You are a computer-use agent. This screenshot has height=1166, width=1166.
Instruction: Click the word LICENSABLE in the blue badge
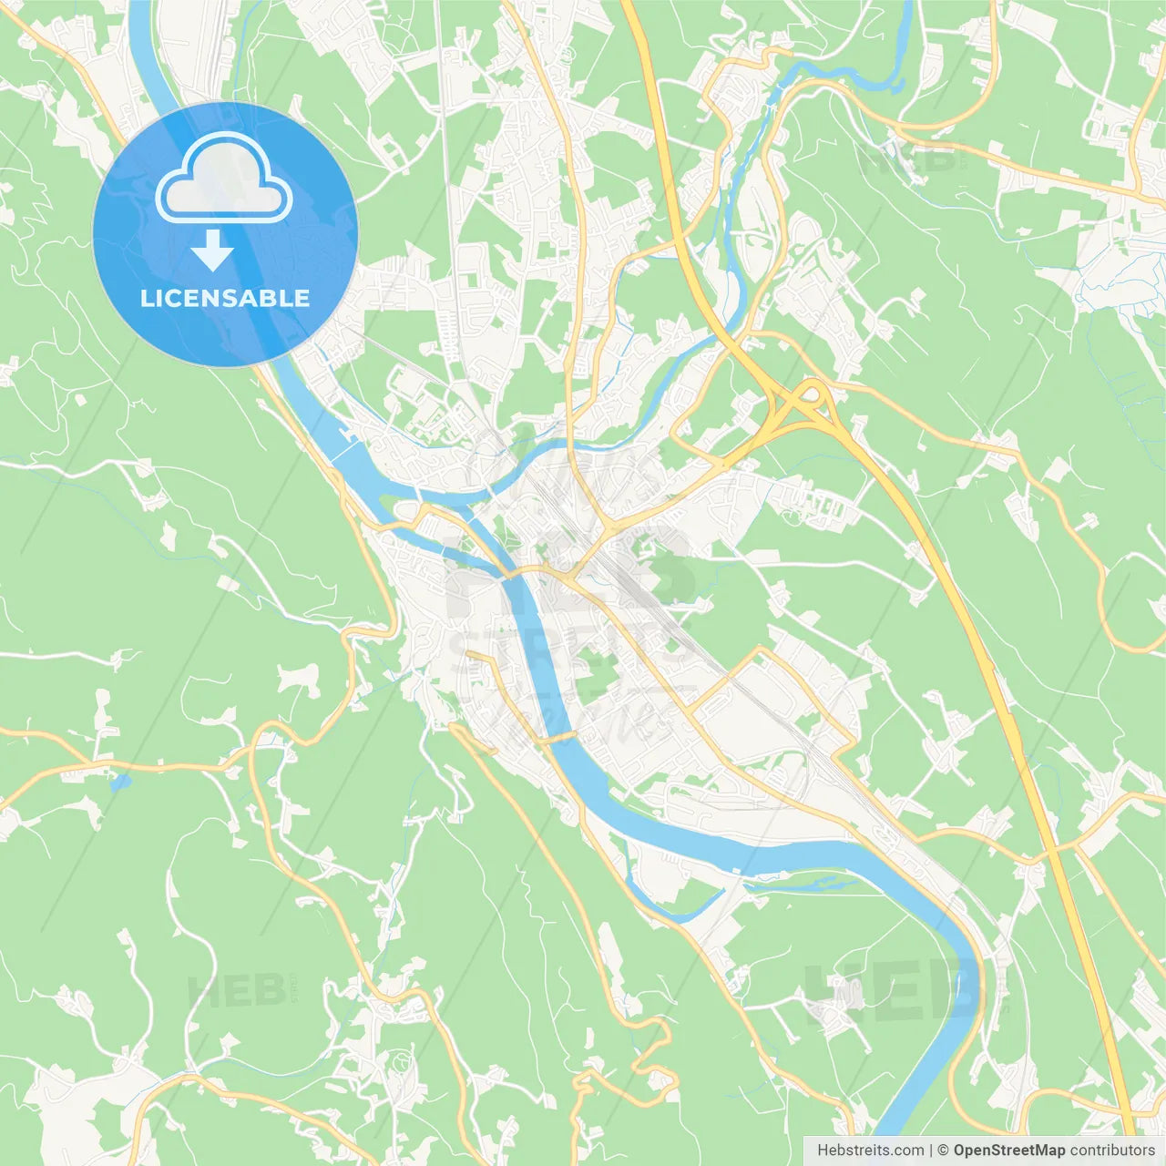click(x=225, y=298)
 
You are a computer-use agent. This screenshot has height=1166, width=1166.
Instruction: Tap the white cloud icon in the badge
click(x=224, y=179)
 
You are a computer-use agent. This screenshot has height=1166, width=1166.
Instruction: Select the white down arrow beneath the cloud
click(x=212, y=250)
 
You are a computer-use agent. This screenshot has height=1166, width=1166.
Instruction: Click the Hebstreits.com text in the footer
click(x=870, y=1151)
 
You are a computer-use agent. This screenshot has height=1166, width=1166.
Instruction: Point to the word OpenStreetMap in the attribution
click(x=1009, y=1151)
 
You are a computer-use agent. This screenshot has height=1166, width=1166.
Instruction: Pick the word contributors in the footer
click(x=1112, y=1151)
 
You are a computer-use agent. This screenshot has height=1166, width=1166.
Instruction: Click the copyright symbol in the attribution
click(x=944, y=1151)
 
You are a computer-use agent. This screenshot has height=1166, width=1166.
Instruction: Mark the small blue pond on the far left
click(x=118, y=781)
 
